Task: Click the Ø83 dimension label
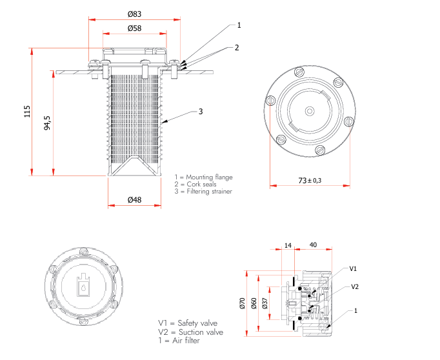pos(134,14)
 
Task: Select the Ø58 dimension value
pos(134,28)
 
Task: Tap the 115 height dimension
pos(27,112)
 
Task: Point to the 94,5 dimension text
pos(48,123)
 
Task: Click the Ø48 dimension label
pos(134,200)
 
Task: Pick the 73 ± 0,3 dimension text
pos(310,181)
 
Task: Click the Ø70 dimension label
pos(243,303)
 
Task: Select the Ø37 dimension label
pos(265,303)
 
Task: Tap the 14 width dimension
pos(288,246)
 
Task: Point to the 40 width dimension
pos(313,245)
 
